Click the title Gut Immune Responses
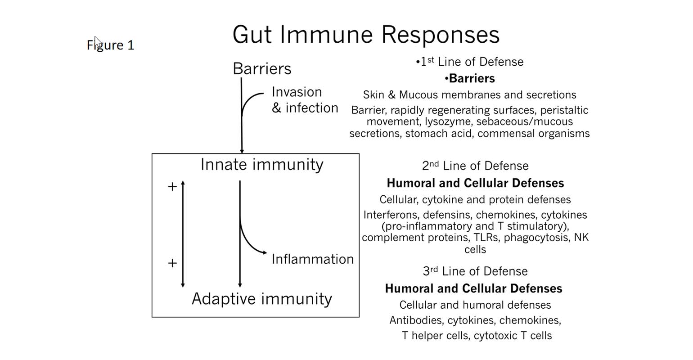pyautogui.click(x=365, y=35)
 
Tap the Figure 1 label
pyautogui.click(x=111, y=45)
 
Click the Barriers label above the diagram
pyautogui.click(x=262, y=68)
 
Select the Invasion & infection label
pyautogui.click(x=305, y=100)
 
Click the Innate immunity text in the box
pyautogui.click(x=262, y=164)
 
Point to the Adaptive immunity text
pyautogui.click(x=262, y=299)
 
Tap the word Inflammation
pyautogui.click(x=312, y=259)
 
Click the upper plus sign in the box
pyautogui.click(x=172, y=186)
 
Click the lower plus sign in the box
pyautogui.click(x=172, y=263)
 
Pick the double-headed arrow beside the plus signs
pyautogui.click(x=183, y=234)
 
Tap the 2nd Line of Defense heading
pyautogui.click(x=475, y=166)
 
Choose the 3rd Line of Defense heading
pyautogui.click(x=475, y=271)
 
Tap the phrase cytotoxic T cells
pyautogui.click(x=513, y=336)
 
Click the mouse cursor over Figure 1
pyautogui.click(x=98, y=41)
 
